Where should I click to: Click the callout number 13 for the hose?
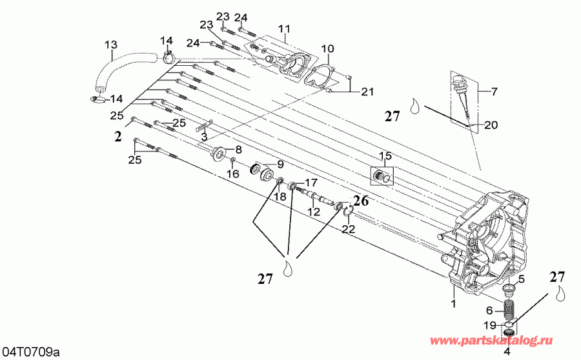[x=111, y=45]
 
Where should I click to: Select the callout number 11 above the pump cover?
[x=285, y=29]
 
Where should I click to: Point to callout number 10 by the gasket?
[x=327, y=48]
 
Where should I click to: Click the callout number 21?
[x=367, y=92]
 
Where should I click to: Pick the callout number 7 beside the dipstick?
[x=494, y=92]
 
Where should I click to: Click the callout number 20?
[x=492, y=125]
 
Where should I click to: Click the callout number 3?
[x=203, y=137]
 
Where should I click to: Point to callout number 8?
[x=238, y=150]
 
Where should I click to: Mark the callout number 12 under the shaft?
[x=314, y=212]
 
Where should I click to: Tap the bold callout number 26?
[x=360, y=201]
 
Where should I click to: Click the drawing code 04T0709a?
[x=30, y=352]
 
